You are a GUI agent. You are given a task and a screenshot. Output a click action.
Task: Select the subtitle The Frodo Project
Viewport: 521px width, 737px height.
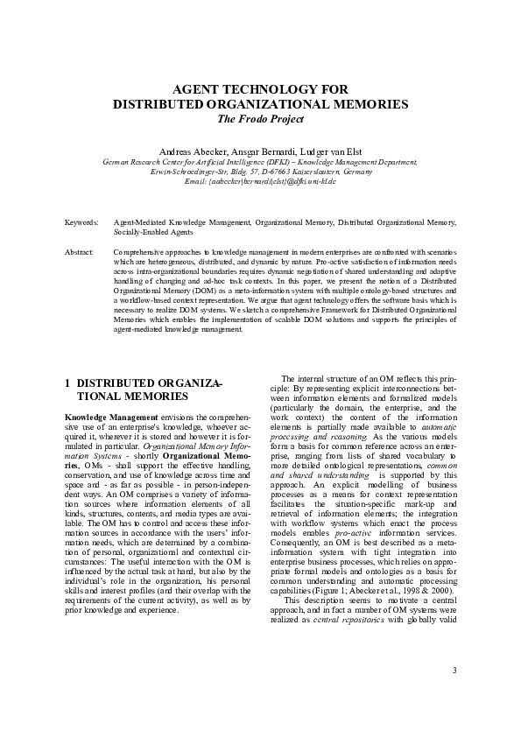click(260, 118)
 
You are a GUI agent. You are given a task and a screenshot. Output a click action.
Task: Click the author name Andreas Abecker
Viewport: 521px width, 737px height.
click(187, 151)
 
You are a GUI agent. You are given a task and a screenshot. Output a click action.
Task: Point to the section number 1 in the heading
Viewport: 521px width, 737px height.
click(68, 383)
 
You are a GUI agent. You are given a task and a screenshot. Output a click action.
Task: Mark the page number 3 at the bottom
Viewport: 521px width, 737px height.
click(454, 670)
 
